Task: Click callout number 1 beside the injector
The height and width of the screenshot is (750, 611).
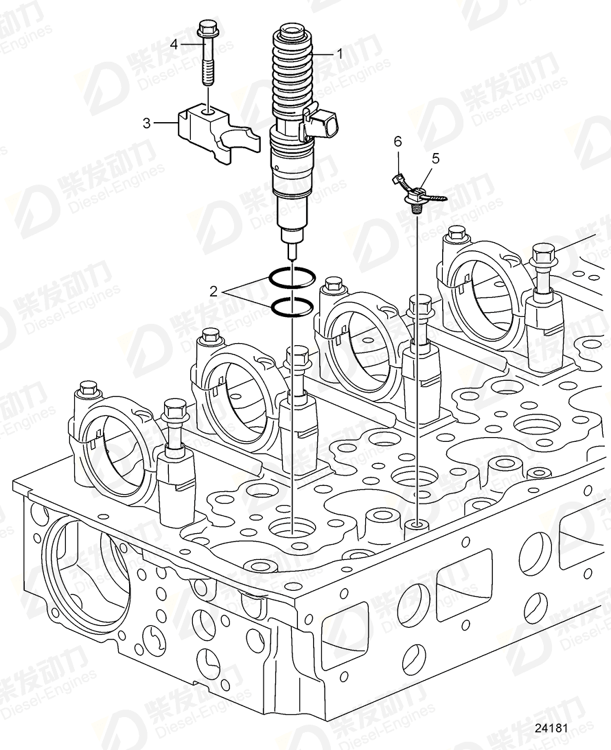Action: (338, 53)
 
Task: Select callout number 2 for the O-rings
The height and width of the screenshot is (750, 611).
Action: (214, 292)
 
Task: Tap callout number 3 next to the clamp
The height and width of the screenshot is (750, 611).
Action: (146, 124)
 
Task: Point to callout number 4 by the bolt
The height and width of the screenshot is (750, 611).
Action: (174, 45)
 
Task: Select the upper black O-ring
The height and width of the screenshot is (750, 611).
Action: (291, 277)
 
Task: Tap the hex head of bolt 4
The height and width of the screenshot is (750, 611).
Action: (205, 30)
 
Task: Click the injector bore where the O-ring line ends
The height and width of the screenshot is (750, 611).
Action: (292, 529)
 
